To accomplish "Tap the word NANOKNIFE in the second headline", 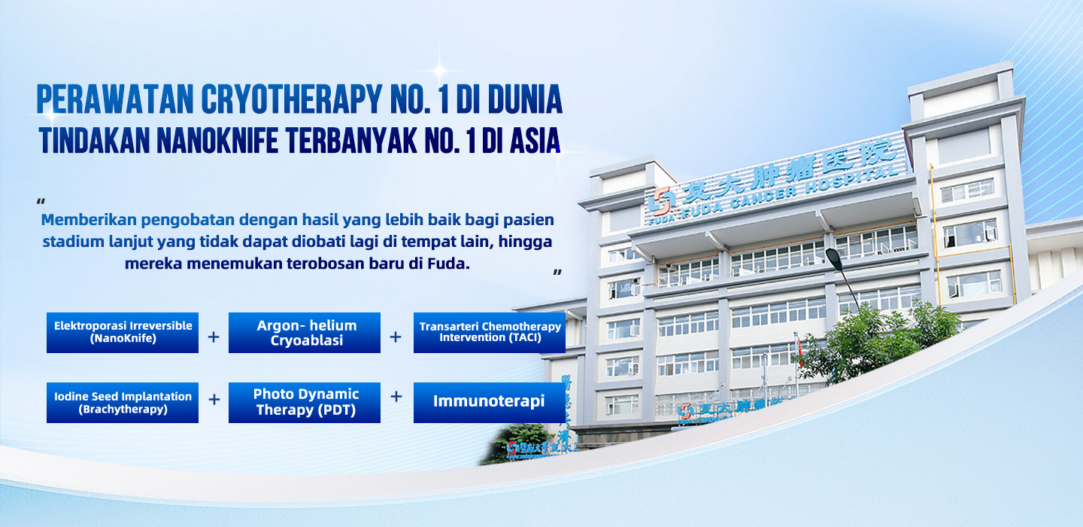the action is pyautogui.click(x=217, y=140).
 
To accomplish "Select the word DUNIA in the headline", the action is pyautogui.click(x=525, y=99).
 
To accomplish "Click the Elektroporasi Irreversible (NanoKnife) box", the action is pyautogui.click(x=123, y=333).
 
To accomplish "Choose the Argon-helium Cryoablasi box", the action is pyautogui.click(x=305, y=333).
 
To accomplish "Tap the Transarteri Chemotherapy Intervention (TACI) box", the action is pyautogui.click(x=490, y=333).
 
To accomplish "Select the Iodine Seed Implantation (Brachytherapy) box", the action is pyautogui.click(x=123, y=403).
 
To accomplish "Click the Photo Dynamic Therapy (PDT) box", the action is pyautogui.click(x=305, y=403).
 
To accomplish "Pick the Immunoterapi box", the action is pyautogui.click(x=490, y=403).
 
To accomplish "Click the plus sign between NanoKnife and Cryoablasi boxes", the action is pyautogui.click(x=214, y=337).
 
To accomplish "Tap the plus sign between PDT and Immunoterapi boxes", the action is pyautogui.click(x=396, y=397).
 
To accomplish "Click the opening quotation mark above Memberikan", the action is pyautogui.click(x=41, y=201).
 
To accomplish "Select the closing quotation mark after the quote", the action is pyautogui.click(x=557, y=273).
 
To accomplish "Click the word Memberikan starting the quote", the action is pyautogui.click(x=89, y=220).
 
